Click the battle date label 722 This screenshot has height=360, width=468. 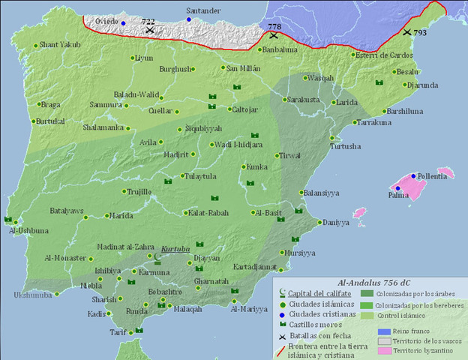coord(149,22)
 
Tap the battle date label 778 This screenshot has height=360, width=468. coord(274,27)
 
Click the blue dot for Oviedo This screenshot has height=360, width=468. coord(123,23)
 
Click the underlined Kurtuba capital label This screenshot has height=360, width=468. coord(175,247)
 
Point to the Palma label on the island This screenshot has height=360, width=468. coord(398,196)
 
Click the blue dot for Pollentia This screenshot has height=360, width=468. coord(413,175)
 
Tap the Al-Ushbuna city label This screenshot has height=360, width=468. coord(28,230)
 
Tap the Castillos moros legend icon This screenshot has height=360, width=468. coord(282,316)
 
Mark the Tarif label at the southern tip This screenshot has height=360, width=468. coord(114,333)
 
